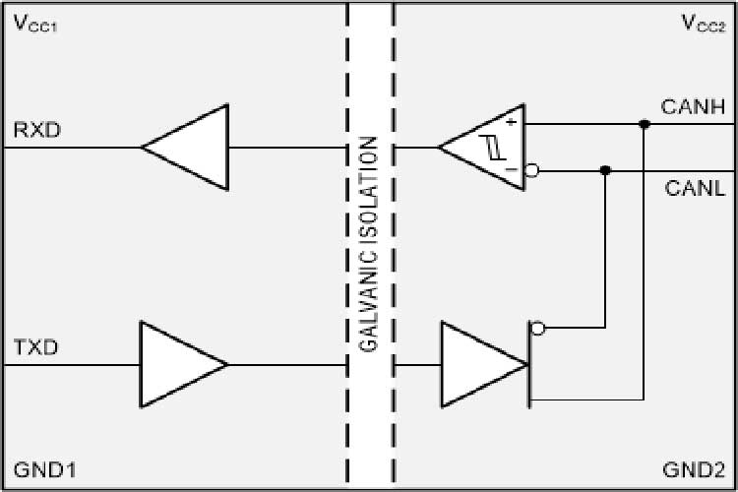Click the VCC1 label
(x=35, y=25)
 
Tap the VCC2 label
(x=705, y=25)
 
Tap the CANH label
(x=695, y=106)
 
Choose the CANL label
(x=695, y=187)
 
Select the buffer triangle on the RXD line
(x=192, y=149)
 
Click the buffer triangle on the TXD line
(x=177, y=364)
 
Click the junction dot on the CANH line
(x=644, y=125)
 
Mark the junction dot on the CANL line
(x=605, y=170)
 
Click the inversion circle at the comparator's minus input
(x=532, y=170)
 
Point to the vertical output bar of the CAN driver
(x=529, y=364)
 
